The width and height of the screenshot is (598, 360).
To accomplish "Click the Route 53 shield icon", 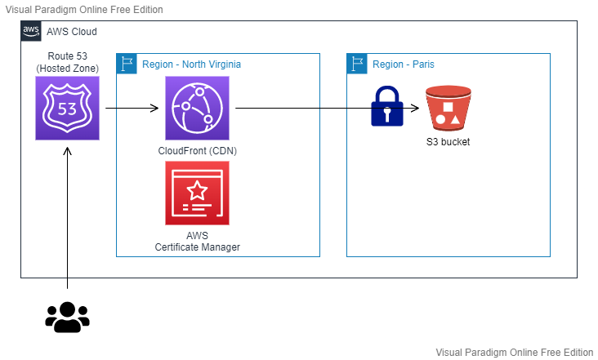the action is pyautogui.click(x=67, y=109).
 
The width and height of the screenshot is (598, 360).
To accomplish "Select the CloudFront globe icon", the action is pyautogui.click(x=197, y=109).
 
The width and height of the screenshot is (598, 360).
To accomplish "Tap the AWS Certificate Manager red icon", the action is pyautogui.click(x=197, y=193).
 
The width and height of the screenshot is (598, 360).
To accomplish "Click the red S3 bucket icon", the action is pyautogui.click(x=448, y=109).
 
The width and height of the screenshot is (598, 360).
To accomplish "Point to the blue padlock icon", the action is pyautogui.click(x=387, y=106).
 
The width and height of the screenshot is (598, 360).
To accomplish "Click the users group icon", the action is pyautogui.click(x=67, y=317).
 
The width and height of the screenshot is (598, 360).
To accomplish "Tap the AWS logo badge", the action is pyautogui.click(x=31, y=31).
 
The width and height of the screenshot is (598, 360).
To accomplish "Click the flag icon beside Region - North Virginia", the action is pyautogui.click(x=127, y=64).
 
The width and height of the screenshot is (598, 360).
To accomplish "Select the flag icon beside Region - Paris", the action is pyautogui.click(x=357, y=64).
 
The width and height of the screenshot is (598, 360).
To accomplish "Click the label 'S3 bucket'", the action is pyautogui.click(x=448, y=142).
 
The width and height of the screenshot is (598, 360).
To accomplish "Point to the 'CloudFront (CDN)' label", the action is pyautogui.click(x=197, y=151).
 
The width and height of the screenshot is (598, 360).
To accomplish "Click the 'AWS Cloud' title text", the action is pyautogui.click(x=72, y=32).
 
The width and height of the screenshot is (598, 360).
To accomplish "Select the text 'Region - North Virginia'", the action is pyautogui.click(x=191, y=64).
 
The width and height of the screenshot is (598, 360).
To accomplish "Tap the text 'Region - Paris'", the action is pyautogui.click(x=404, y=64).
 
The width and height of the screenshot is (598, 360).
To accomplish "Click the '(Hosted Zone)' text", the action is pyautogui.click(x=68, y=69).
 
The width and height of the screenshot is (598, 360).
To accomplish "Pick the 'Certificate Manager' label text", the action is pyautogui.click(x=197, y=247).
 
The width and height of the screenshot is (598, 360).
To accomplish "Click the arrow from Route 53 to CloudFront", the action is pyautogui.click(x=132, y=109).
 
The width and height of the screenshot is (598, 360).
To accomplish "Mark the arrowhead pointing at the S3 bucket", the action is pyautogui.click(x=416, y=109).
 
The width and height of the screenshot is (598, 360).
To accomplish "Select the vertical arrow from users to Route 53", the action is pyautogui.click(x=67, y=218).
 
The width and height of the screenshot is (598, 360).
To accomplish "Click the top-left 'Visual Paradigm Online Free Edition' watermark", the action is pyautogui.click(x=84, y=10).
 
